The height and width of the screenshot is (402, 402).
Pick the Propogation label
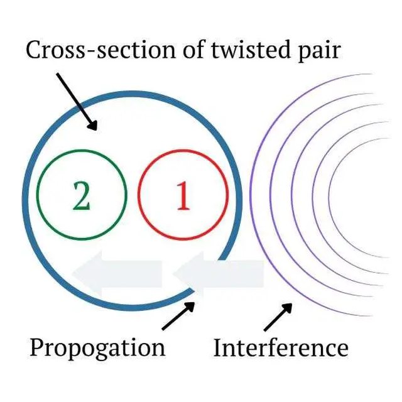(97, 347)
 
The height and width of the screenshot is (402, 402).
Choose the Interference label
(281, 347)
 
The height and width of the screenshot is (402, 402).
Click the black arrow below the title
(77, 101)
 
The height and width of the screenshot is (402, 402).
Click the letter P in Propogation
(36, 347)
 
